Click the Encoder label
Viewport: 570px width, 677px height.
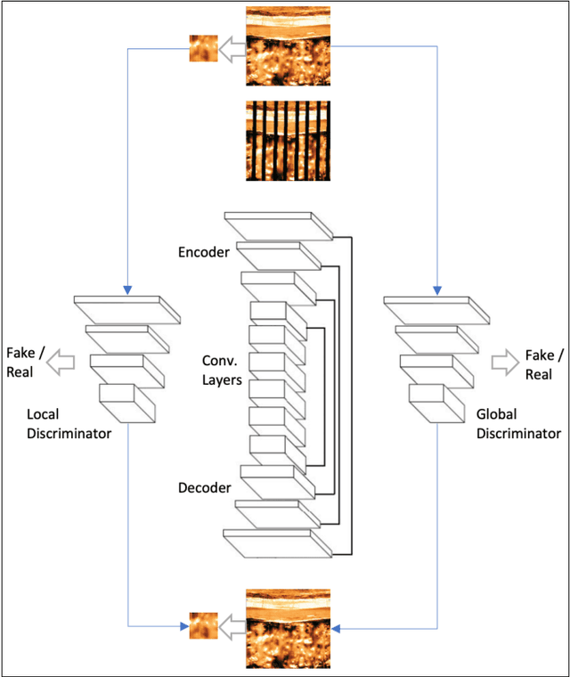coord(204,252)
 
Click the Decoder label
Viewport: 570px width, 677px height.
coord(204,487)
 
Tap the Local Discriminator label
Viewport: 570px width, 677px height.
coord(69,424)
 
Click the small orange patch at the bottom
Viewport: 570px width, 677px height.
coord(203,625)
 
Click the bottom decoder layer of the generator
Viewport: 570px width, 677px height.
coord(278,542)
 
